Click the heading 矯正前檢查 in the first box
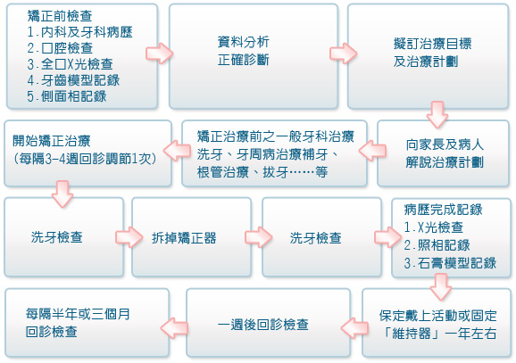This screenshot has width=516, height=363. coord(60,15)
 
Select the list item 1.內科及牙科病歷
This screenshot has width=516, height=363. coord(80,32)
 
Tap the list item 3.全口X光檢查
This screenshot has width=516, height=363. coord(71,64)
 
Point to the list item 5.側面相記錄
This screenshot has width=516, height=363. coord(67,96)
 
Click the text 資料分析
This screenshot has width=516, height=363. coord(243,42)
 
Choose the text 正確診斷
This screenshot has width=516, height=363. coord(243,60)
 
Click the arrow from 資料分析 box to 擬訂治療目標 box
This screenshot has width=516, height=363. coord(343,53)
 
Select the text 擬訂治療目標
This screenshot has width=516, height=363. coord(432,44)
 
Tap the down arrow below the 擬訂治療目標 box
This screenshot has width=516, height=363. coord(437,114)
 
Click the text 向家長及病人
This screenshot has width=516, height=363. coord(445,144)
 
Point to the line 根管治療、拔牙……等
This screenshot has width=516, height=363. coord(262,172)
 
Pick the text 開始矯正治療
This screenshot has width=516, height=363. coord(52,141)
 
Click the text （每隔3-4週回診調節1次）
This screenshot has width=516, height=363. coord(85,159)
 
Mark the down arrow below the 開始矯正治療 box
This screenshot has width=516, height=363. coord(62,194)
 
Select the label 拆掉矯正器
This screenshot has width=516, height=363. coord(184,238)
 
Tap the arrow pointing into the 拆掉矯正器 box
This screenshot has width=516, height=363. coord(129,236)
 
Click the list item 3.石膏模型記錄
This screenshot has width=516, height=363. coord(450,263)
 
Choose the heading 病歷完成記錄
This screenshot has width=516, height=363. coord(443,210)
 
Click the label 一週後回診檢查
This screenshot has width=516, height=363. coord(263,325)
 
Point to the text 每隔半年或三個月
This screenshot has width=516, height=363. coord(78,314)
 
